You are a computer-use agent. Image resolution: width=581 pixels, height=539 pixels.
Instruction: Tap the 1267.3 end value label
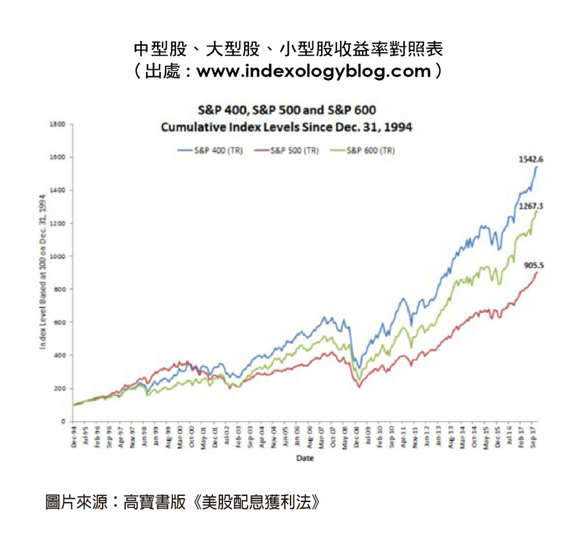(529, 207)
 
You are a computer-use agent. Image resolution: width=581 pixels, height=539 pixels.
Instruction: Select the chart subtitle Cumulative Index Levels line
(287, 127)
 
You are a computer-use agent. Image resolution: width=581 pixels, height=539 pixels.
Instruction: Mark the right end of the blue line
(537, 166)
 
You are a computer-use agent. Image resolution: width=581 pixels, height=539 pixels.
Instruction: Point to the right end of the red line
(537, 272)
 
